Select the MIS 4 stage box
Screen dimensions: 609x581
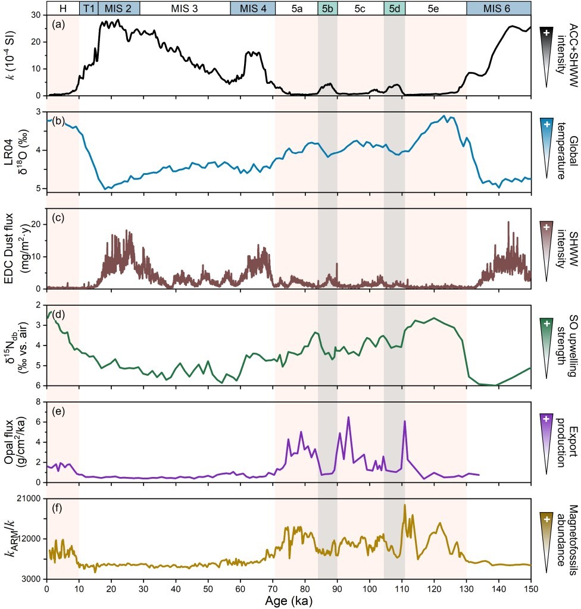pos(252,8)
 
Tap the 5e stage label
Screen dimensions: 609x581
pos(435,8)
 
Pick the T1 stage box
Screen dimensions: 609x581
pos(88,8)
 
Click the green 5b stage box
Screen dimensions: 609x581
pos(327,8)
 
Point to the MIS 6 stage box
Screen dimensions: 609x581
pos(498,8)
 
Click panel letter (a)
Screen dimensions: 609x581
pos(59,24)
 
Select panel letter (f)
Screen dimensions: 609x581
pos(59,509)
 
